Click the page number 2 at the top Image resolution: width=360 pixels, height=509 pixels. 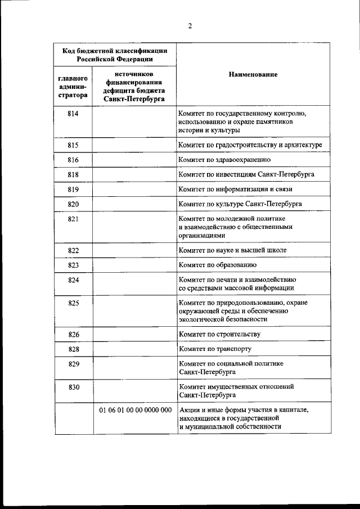coord(190,25)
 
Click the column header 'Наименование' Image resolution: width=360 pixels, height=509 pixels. coord(253,75)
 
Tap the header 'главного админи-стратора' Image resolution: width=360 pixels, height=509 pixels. coord(73,85)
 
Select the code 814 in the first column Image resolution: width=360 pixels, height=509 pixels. coord(73,114)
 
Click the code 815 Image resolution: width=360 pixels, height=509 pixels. coord(73,145)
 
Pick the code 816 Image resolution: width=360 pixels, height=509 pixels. coord(73,160)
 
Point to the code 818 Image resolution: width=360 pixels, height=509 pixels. coord(73,174)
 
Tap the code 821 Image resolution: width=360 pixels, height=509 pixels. coord(73,219)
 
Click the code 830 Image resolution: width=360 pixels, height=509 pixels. coord(73,387)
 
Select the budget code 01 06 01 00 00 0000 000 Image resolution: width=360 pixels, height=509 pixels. coord(135,410)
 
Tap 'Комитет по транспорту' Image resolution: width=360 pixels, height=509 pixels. coord(214,349)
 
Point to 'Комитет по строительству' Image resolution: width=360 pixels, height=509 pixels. coord(219,335)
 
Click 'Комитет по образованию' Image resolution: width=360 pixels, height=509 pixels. coord(218,264)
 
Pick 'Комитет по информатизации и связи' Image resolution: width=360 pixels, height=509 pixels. coord(235,189)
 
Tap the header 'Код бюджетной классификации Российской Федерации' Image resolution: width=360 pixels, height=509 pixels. coord(115,54)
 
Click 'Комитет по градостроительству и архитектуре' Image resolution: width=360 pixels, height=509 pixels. coord(250,145)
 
